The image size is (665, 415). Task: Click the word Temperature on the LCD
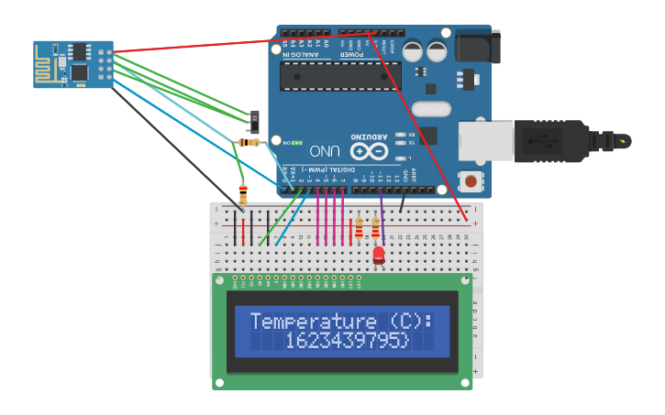click(301, 322)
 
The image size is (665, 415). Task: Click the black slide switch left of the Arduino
click(255, 120)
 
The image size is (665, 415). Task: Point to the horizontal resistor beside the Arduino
click(249, 142)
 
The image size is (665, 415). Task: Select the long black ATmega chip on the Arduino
click(340, 76)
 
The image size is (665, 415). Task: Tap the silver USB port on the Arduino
click(485, 140)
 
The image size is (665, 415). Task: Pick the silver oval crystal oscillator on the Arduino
click(431, 110)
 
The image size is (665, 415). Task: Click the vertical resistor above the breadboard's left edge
click(243, 194)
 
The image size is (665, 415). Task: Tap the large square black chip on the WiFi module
click(80, 71)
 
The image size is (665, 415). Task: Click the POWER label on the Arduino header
click(352, 54)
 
